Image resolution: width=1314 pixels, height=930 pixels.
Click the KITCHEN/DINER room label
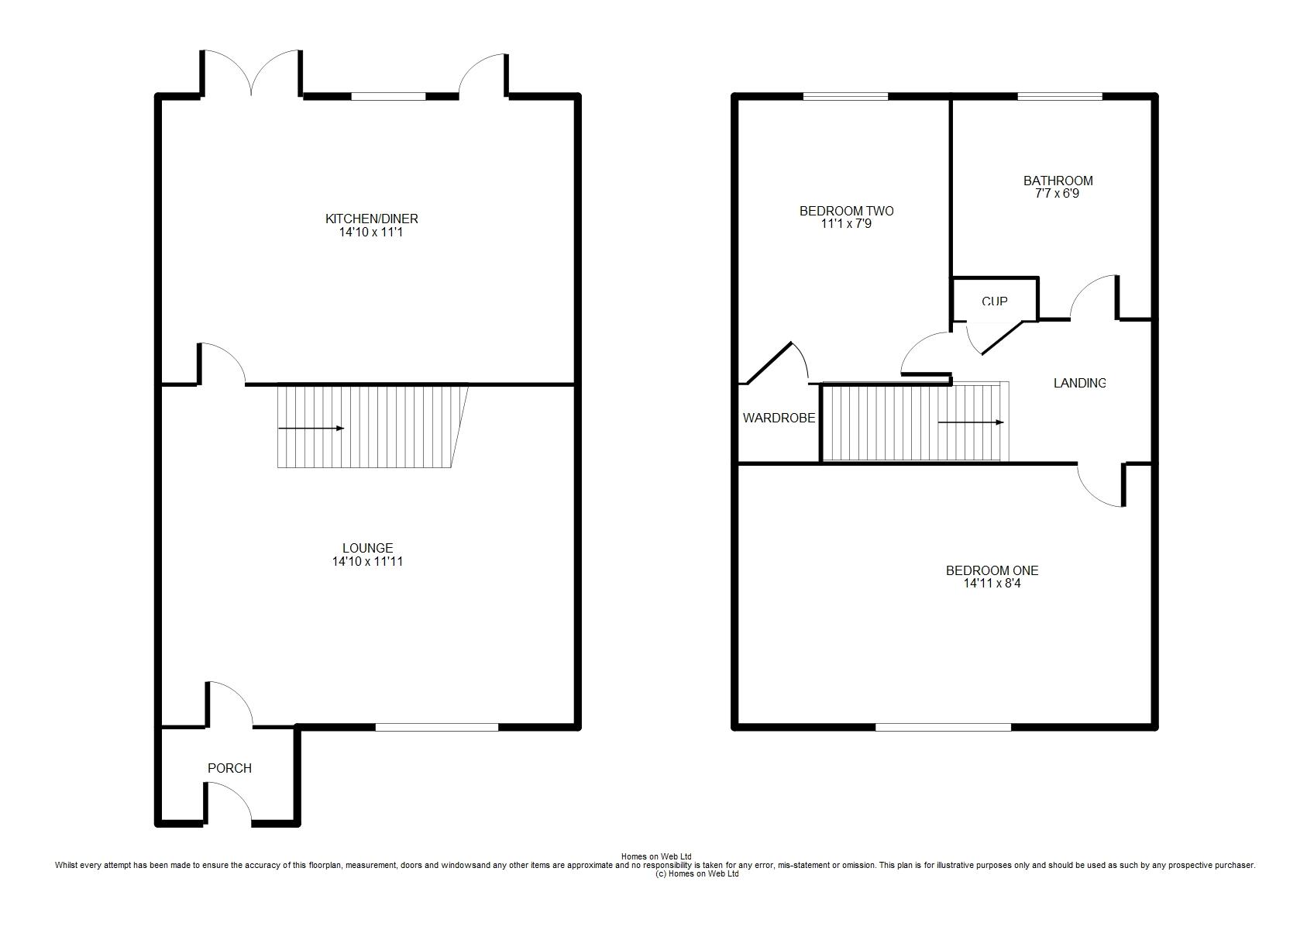coord(371,219)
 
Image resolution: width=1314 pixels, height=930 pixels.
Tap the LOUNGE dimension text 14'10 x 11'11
coord(367,562)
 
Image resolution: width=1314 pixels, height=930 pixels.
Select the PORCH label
coord(229,768)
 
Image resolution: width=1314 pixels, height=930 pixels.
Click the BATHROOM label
coord(1058,181)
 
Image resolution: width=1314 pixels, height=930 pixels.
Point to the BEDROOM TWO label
coord(847,211)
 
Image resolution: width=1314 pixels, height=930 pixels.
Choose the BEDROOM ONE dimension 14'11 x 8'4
coord(992,584)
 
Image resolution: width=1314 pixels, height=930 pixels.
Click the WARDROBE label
coord(779,418)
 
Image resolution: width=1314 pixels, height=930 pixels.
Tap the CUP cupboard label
coord(994,301)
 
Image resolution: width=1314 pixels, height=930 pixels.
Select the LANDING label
coord(1080,383)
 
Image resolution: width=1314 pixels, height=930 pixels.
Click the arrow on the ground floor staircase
coord(311,429)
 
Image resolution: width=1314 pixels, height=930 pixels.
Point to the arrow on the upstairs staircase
coord(971,422)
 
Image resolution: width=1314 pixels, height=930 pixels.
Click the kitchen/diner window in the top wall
coord(388,96)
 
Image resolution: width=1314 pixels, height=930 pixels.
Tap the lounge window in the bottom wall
coord(436,727)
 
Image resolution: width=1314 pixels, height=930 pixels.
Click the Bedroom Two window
coord(845,96)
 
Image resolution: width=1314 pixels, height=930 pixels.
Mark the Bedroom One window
coord(943,727)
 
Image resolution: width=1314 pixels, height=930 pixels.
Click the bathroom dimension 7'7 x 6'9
coord(1057,194)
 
